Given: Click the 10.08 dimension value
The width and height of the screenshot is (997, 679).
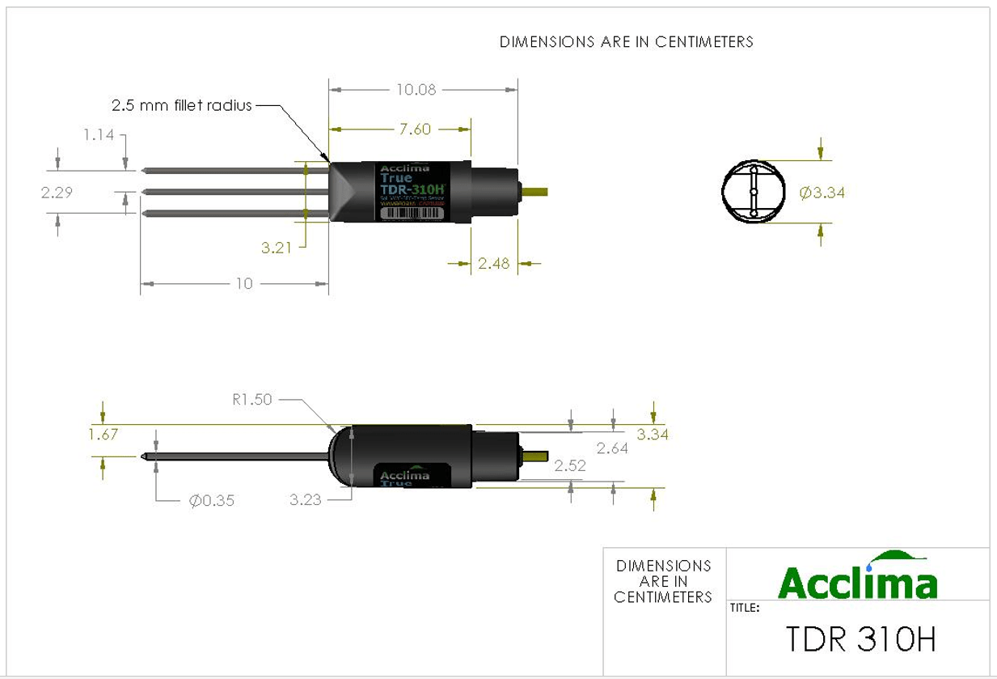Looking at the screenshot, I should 416,90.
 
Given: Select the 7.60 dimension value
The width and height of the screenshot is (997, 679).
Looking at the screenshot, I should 416,129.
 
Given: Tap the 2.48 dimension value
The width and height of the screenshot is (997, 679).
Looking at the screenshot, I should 493,263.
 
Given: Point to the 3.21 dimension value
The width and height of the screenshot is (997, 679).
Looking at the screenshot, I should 276,248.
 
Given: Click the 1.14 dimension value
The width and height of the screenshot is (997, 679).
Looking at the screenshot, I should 99,135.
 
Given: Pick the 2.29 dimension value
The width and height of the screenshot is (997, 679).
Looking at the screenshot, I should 57,193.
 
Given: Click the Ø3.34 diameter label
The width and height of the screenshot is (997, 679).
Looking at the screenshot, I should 822,193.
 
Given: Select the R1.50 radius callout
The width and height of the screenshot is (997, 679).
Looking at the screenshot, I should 252,399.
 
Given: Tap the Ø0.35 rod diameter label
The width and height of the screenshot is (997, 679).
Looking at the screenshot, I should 211,501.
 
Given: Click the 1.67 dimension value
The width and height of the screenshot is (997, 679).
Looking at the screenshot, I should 104,434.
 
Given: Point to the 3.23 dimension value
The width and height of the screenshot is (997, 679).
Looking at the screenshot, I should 306,500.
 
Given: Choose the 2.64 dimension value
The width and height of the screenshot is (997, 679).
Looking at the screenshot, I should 612,448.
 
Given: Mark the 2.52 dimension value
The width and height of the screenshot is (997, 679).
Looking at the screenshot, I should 570,466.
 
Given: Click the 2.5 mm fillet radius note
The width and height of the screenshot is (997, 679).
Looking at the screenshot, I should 181,105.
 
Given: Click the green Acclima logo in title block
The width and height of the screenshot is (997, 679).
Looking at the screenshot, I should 858,575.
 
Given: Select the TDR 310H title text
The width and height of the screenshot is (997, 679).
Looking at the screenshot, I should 860,639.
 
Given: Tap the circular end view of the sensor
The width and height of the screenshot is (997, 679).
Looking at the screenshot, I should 754,192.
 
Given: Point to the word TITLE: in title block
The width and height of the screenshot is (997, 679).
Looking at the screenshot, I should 745,608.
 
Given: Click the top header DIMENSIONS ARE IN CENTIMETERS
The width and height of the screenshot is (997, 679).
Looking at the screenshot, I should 626,42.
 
